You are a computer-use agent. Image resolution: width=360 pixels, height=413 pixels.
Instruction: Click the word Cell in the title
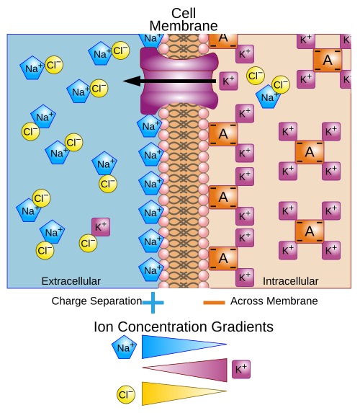184,12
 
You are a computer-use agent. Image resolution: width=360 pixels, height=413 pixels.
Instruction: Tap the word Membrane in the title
184,26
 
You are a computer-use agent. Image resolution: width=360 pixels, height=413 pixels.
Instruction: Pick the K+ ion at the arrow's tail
228,81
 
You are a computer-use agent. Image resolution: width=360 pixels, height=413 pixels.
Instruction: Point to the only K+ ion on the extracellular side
101,226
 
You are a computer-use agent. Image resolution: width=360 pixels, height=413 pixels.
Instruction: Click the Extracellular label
71,280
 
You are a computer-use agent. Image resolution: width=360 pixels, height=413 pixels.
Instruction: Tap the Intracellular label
290,280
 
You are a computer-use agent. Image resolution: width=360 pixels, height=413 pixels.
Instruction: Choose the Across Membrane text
274,301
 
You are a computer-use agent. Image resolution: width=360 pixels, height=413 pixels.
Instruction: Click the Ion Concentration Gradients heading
184,327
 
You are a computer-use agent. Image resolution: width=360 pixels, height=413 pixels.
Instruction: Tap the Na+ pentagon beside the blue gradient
123,348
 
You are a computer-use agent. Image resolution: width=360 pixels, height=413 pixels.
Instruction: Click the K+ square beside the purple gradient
241,370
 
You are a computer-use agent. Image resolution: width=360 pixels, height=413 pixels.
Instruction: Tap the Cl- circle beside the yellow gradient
126,394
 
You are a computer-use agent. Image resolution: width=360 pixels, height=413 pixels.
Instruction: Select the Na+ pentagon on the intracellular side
268,97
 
